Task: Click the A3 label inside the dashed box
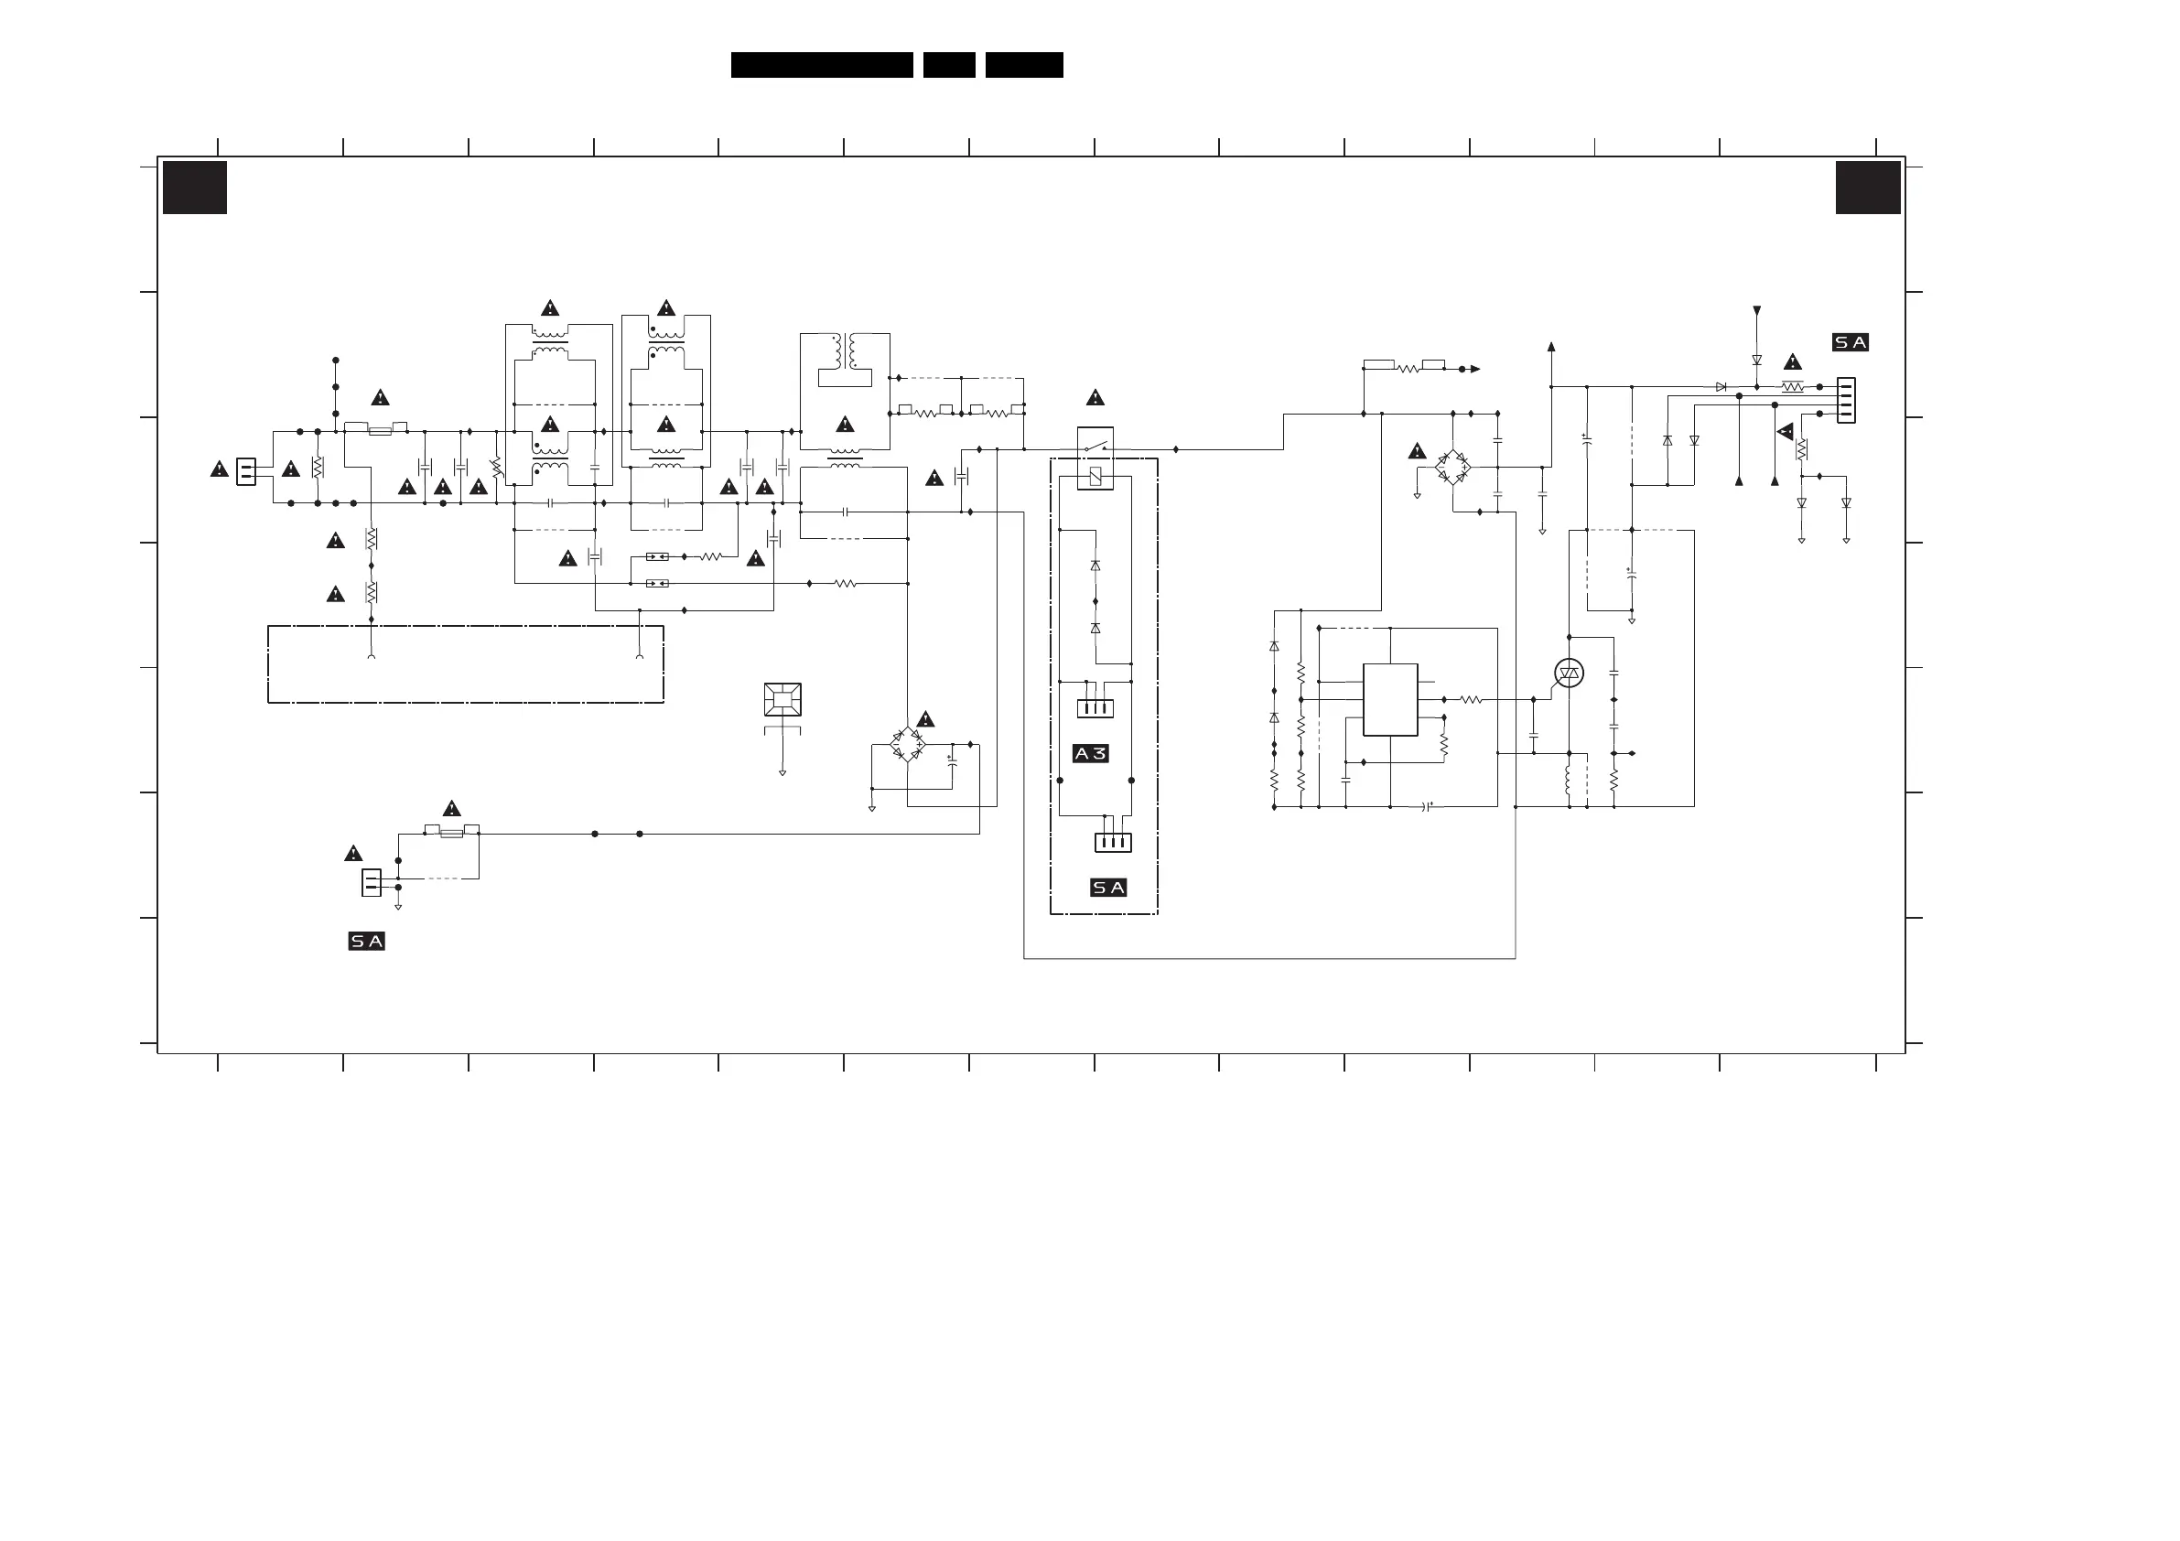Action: (x=1090, y=754)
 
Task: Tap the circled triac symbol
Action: (x=1569, y=674)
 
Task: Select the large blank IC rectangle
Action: (x=1390, y=700)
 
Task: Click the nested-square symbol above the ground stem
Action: (x=782, y=700)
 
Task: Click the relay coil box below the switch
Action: (x=1095, y=478)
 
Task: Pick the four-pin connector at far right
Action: (x=1846, y=401)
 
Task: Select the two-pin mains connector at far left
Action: (x=246, y=472)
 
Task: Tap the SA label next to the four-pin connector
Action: (x=1851, y=343)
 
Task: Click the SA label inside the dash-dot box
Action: (x=1108, y=888)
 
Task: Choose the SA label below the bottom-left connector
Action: (x=366, y=942)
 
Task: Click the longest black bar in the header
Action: (x=821, y=65)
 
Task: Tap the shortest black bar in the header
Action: (x=948, y=65)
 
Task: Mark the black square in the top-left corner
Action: (x=195, y=188)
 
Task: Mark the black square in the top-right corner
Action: (x=1868, y=188)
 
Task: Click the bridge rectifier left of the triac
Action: (x=1452, y=467)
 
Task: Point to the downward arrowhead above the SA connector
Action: (x=1756, y=311)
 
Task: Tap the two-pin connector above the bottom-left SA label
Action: (x=372, y=883)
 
